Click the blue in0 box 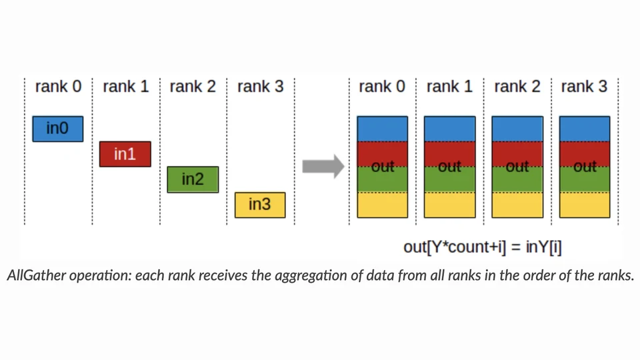click(57, 129)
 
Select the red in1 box click(125, 154)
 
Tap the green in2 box click(193, 179)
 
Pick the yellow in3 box click(260, 205)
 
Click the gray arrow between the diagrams click(323, 166)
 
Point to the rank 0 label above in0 click(58, 87)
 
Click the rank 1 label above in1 click(126, 87)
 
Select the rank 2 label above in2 click(193, 87)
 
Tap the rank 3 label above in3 click(261, 87)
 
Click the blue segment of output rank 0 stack click(383, 129)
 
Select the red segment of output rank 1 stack click(450, 154)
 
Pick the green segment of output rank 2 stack click(517, 179)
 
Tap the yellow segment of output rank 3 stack click(585, 205)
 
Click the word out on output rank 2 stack click(517, 167)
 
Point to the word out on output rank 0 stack click(383, 167)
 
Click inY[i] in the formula click(544, 247)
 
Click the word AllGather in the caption click(36, 275)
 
